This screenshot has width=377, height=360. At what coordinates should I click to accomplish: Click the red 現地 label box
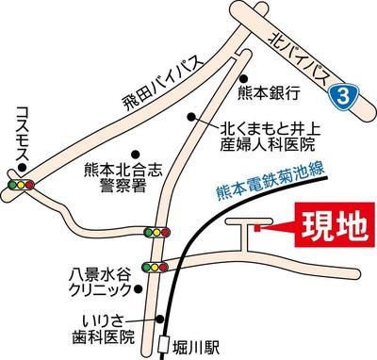pyautogui.click(x=328, y=226)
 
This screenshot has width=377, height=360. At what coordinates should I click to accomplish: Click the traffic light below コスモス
pyautogui.click(x=20, y=184)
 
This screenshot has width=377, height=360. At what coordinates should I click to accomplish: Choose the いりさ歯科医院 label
pyautogui.click(x=106, y=330)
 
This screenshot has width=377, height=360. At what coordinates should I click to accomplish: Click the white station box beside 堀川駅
pyautogui.click(x=164, y=344)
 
